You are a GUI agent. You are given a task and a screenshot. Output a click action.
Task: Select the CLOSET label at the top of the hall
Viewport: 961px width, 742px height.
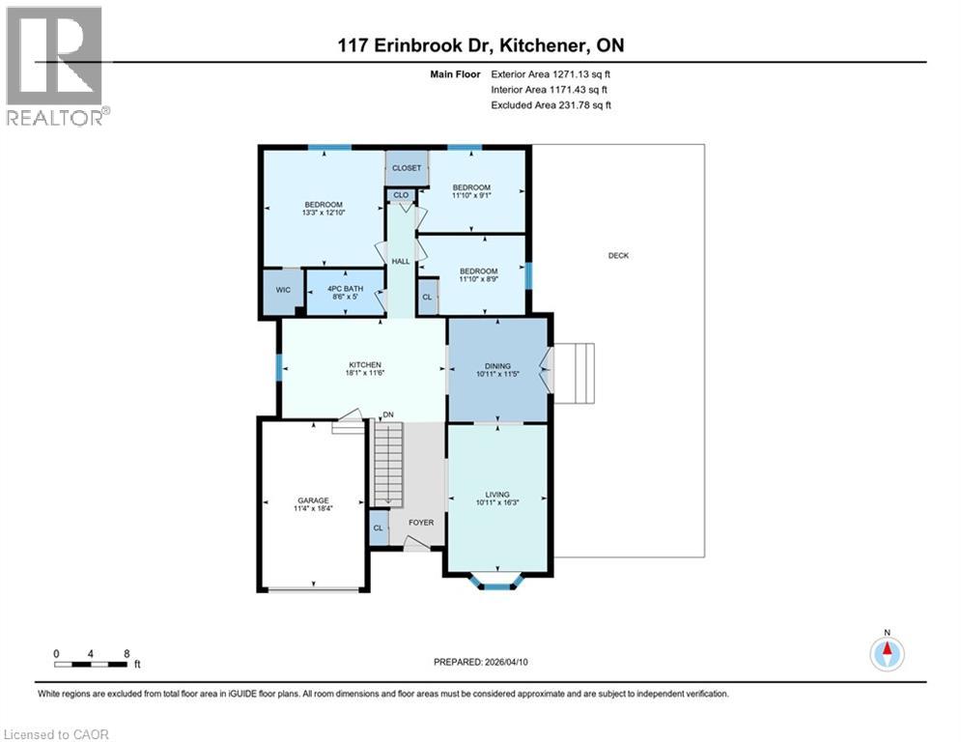pos(407,168)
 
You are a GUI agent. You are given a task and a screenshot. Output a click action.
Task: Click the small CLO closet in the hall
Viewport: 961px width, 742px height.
pos(401,195)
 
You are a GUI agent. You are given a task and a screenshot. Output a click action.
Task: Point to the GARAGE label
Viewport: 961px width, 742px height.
pos(312,500)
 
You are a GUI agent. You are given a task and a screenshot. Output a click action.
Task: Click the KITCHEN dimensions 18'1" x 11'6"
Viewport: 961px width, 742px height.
pos(362,372)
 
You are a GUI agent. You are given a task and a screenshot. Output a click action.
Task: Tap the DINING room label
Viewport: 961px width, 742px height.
pos(497,366)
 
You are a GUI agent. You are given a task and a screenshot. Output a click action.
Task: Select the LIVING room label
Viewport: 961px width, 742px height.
pos(497,495)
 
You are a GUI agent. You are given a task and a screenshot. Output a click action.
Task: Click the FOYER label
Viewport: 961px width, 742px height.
pos(420,523)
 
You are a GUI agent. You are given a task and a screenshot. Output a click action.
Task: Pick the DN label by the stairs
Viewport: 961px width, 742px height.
pos(388,415)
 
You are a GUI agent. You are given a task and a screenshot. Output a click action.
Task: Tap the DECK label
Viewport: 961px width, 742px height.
pos(618,255)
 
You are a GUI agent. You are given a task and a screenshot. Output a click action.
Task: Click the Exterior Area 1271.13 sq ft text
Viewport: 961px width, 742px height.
pos(551,72)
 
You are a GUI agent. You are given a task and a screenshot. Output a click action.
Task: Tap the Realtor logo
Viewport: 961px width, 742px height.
pos(56,66)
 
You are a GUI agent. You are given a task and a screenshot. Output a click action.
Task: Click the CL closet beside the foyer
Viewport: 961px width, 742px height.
pos(378,528)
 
